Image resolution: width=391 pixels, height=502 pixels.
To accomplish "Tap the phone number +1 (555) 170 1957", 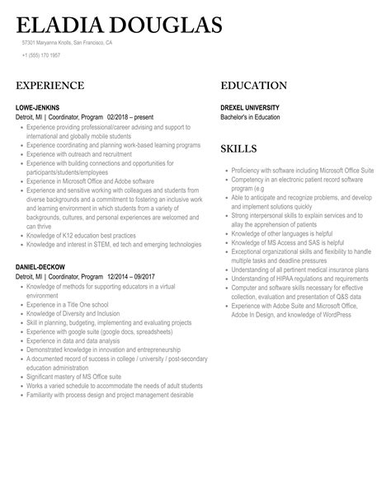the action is (41, 55).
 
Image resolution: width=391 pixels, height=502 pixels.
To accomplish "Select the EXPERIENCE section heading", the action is (49, 86).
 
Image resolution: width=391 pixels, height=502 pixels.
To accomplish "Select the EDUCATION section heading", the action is (253, 86).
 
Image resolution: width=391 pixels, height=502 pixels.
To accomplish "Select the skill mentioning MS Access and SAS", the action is (287, 242).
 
